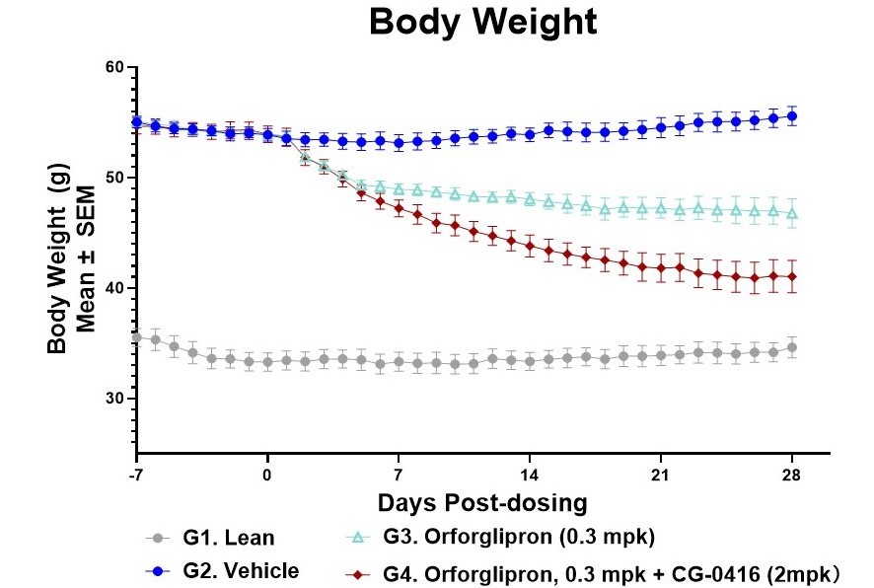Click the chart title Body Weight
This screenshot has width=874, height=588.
tap(482, 23)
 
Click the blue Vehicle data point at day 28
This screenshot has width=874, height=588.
tap(792, 116)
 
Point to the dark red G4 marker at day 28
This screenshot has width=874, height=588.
tap(792, 276)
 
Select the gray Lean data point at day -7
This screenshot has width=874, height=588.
tap(136, 336)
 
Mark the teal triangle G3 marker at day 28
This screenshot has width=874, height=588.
tap(792, 212)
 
